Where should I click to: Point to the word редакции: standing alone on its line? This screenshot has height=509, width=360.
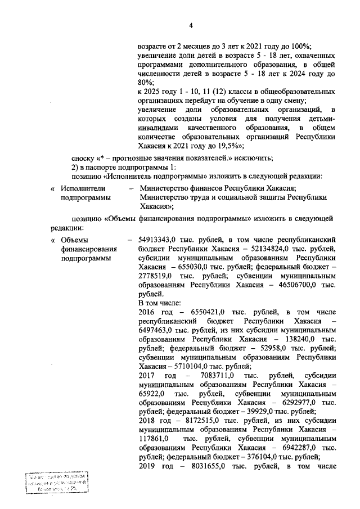tap(67, 228)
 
